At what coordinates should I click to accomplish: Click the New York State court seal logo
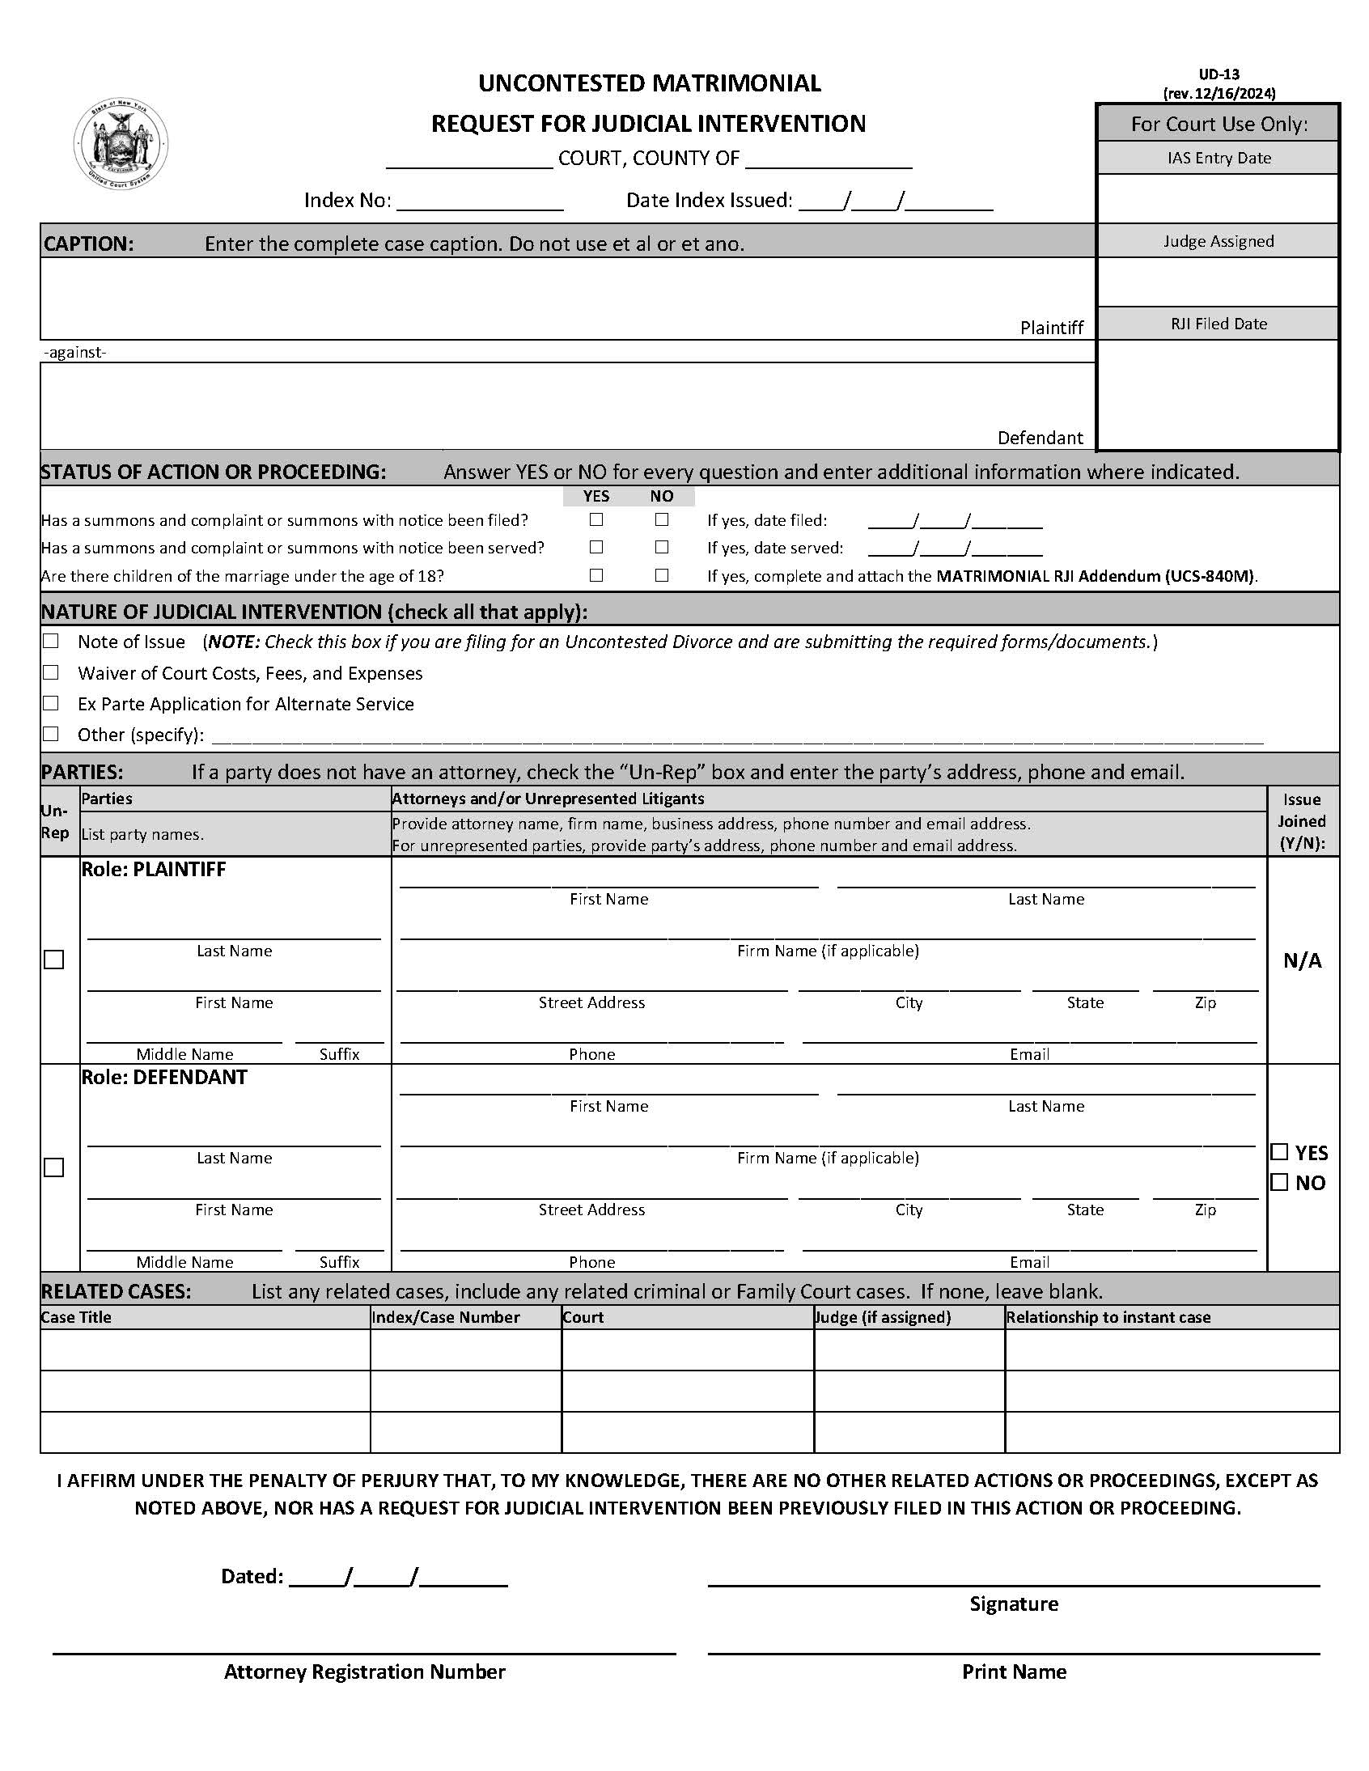(x=121, y=143)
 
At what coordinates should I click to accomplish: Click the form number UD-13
(x=1219, y=74)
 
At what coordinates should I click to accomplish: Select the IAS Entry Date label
(x=1219, y=158)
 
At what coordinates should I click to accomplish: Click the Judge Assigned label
(x=1219, y=241)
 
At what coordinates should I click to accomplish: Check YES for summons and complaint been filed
(x=596, y=519)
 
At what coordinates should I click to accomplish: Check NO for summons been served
(x=662, y=548)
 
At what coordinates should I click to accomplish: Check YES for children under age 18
(x=596, y=575)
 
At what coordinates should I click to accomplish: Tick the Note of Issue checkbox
(x=51, y=642)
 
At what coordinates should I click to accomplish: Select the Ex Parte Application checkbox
(x=51, y=703)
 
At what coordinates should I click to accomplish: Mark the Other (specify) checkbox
(x=51, y=734)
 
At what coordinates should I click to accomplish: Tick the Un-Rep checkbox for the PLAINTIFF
(x=54, y=960)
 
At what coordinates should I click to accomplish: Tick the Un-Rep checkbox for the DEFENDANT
(x=54, y=1167)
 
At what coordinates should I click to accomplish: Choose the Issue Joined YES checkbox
(x=1280, y=1152)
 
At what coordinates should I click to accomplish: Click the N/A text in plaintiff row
(x=1302, y=961)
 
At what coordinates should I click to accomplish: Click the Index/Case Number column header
(x=445, y=1317)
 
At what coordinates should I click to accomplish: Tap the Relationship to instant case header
(x=1108, y=1317)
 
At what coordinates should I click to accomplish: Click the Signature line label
(x=1014, y=1604)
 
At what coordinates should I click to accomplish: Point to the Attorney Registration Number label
(x=364, y=1671)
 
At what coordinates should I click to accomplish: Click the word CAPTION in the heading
(x=88, y=244)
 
